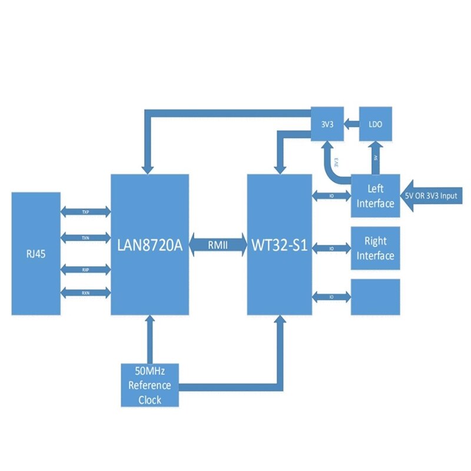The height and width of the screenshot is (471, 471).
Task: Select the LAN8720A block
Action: click(x=150, y=244)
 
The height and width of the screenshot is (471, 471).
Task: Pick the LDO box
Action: click(x=376, y=123)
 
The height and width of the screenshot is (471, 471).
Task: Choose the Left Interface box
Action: click(x=375, y=196)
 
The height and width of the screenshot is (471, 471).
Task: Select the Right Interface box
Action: click(x=375, y=248)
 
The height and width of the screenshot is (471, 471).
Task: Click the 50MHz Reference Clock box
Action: click(x=150, y=386)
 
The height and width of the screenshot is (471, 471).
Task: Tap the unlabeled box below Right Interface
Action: click(x=375, y=297)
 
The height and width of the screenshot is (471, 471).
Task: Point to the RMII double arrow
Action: click(x=218, y=244)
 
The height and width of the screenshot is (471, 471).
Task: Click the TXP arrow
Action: click(x=85, y=211)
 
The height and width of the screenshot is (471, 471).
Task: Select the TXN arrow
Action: click(x=85, y=238)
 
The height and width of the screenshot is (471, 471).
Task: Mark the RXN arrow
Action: click(x=85, y=293)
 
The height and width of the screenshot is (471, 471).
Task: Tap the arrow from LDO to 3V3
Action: click(x=351, y=123)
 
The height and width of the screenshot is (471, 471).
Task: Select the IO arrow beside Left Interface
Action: click(x=331, y=195)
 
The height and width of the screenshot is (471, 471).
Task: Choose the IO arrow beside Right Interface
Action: click(x=331, y=248)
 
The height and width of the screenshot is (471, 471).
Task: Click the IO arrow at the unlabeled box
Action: click(x=331, y=295)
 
